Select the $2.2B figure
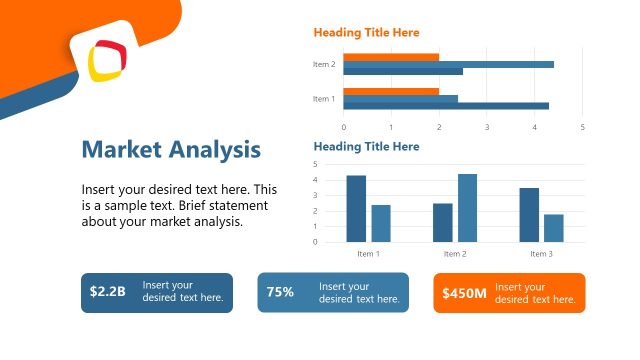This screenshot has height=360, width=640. [107, 292]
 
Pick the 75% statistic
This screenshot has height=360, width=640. [280, 292]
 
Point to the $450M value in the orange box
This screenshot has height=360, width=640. [464, 293]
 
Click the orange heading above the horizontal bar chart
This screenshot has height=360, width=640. [366, 33]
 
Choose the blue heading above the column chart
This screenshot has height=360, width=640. [366, 147]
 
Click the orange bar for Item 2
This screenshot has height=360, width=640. [391, 57]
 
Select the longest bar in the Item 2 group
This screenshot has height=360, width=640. [448, 64]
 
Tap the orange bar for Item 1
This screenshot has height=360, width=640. [391, 91]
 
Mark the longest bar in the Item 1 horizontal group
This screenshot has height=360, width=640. [446, 105]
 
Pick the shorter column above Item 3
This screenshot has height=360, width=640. [554, 227]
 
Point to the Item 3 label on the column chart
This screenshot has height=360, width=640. [541, 254]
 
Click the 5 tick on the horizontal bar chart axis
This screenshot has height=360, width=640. [582, 127]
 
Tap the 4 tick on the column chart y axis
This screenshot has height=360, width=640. [315, 180]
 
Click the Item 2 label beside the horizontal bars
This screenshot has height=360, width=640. [323, 64]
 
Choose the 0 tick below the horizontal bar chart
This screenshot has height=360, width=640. [343, 127]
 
